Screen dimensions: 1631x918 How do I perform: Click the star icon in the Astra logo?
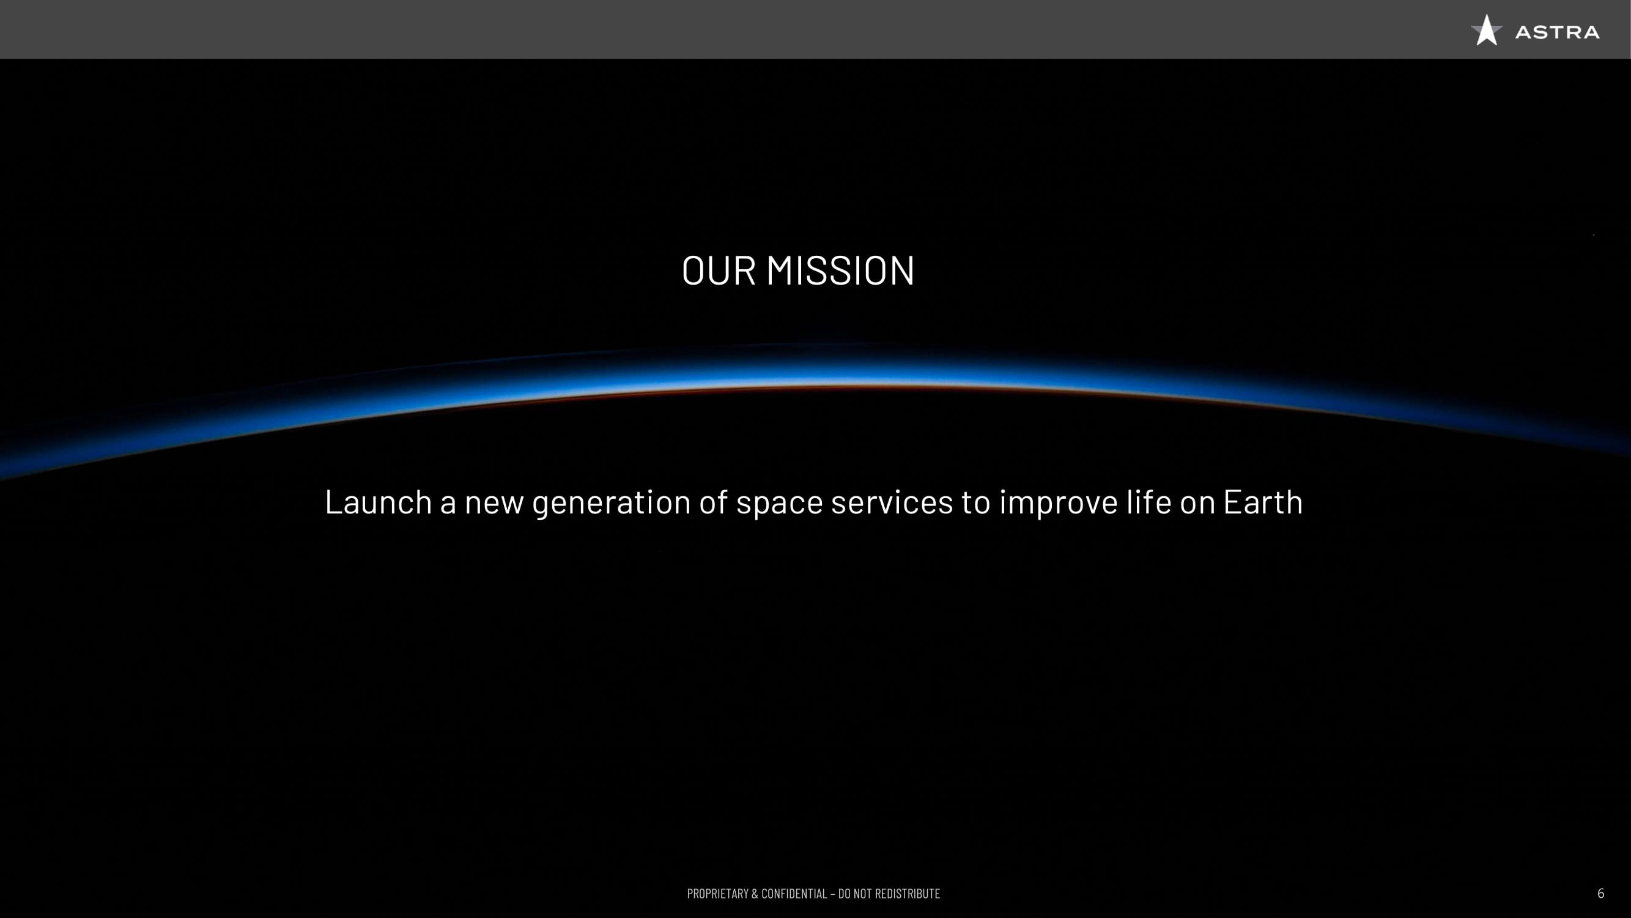[1487, 31]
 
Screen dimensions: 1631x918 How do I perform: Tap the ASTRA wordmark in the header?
[1557, 32]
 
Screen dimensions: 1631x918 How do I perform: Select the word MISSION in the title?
[840, 271]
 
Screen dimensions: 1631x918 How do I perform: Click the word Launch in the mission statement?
[378, 502]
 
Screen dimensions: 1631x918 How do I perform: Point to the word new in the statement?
[494, 505]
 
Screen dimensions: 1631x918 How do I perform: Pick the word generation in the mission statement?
[612, 504]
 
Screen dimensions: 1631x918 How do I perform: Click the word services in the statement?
[892, 502]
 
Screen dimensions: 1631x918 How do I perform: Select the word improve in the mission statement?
[1059, 504]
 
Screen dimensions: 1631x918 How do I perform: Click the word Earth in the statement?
[1262, 502]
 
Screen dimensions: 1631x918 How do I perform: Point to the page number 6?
[1600, 894]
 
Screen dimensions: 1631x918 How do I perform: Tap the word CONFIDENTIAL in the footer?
[794, 894]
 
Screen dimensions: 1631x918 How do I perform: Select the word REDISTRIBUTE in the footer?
[908, 894]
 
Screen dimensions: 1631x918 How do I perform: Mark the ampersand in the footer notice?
[755, 894]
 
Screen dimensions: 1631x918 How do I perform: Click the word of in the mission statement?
[714, 502]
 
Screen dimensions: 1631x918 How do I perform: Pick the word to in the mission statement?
[975, 503]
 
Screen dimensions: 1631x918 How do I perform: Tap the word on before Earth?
[1197, 505]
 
